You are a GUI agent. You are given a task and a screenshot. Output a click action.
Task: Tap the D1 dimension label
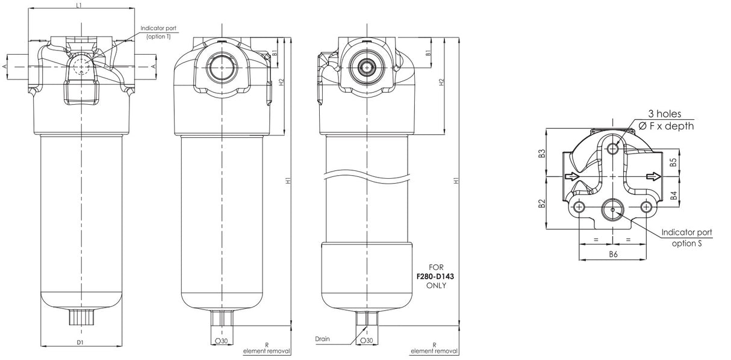click(79, 343)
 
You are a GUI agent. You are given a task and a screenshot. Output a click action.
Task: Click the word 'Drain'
click(322, 339)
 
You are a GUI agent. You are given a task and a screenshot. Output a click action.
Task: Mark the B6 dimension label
click(613, 254)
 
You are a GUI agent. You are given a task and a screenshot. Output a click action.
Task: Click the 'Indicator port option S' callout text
click(686, 237)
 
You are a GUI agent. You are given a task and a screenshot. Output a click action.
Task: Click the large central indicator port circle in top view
click(614, 209)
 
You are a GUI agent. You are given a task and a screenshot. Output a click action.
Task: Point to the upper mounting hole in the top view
click(614, 149)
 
